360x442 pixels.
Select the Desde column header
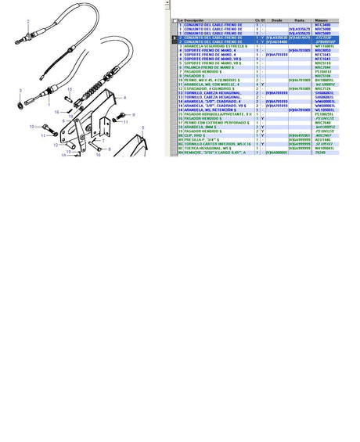[275, 21]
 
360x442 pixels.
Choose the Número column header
[322, 21]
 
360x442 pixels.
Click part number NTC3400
[322, 25]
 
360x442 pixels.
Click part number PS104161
[322, 72]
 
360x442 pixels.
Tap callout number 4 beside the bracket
[124, 97]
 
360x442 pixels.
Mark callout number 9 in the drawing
[134, 115]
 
